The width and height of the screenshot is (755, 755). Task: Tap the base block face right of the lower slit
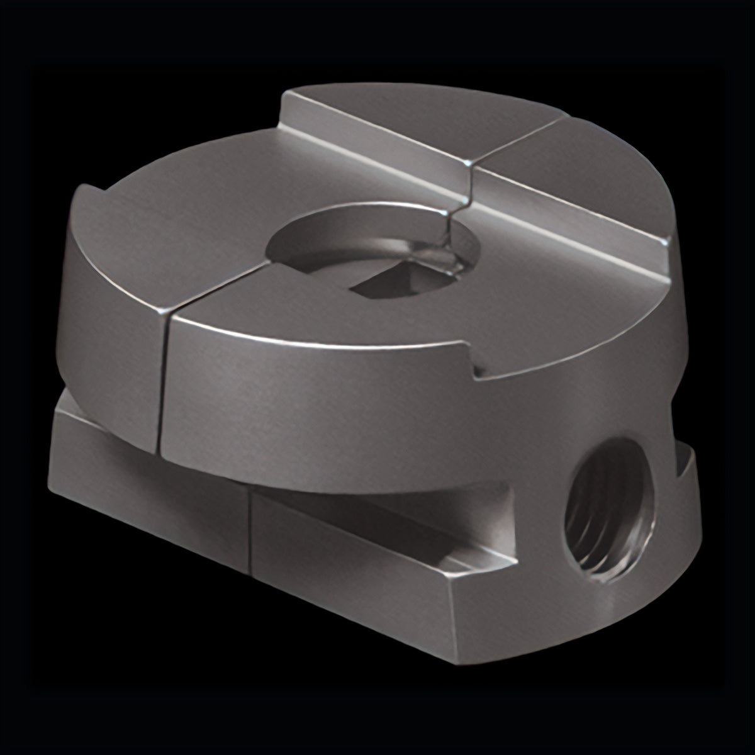click(x=352, y=554)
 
